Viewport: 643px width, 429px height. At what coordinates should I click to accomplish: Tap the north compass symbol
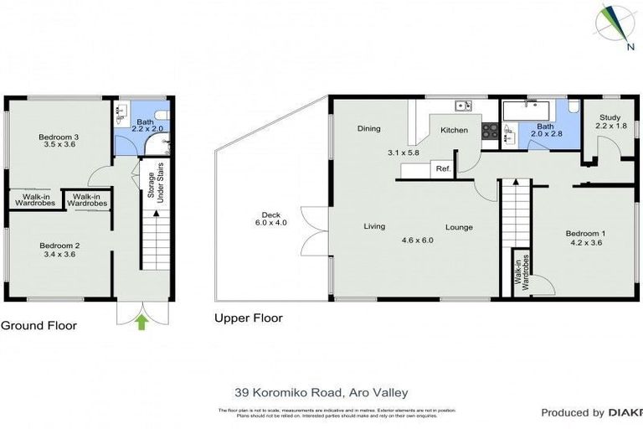[615, 24]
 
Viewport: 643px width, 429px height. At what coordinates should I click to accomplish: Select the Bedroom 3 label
[59, 137]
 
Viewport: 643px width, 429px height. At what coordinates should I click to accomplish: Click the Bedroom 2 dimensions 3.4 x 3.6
[59, 256]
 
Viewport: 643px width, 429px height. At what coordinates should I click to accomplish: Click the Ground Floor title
[39, 326]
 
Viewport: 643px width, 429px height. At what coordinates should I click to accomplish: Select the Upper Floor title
[248, 318]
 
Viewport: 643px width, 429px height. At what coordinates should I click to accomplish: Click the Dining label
[368, 129]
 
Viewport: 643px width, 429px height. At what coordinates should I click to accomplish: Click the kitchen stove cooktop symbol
[490, 131]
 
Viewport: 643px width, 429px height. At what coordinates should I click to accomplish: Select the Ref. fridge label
[443, 169]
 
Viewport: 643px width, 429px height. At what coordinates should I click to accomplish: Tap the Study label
[610, 117]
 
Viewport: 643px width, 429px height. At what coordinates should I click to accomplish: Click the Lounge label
[459, 227]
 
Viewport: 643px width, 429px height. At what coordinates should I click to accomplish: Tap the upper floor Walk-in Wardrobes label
[520, 274]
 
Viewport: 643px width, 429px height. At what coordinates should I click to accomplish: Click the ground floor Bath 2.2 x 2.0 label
[146, 126]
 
